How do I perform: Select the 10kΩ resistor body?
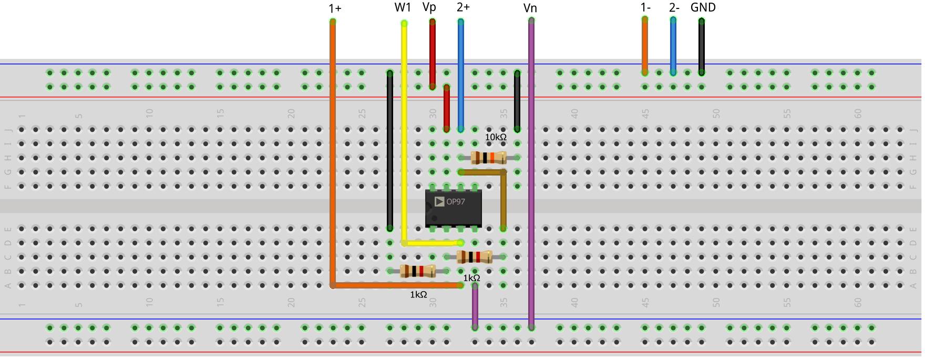tap(488, 157)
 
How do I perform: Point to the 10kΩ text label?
tap(496, 137)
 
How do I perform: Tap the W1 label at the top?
tap(403, 7)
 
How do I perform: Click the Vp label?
tap(429, 7)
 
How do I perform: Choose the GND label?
tap(703, 7)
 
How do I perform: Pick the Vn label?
tap(530, 8)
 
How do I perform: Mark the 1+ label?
tap(335, 8)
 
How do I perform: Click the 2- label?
tap(674, 8)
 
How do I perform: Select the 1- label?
tap(645, 7)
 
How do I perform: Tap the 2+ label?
tap(463, 7)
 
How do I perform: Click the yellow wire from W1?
tap(404, 131)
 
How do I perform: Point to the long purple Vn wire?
tap(531, 173)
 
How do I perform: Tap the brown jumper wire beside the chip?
tap(503, 200)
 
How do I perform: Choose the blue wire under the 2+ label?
tap(461, 74)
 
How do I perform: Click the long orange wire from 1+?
tap(333, 158)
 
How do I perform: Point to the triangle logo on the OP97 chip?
tap(439, 202)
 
